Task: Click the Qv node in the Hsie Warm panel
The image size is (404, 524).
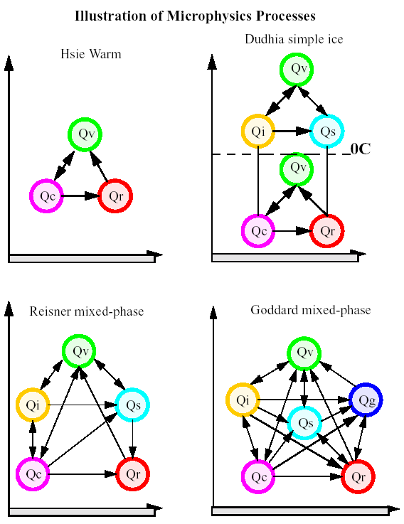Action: pos(85,134)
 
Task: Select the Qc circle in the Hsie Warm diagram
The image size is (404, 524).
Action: pos(46,196)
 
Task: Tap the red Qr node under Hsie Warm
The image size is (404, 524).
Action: pos(115,196)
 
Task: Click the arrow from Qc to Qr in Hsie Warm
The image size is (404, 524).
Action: pos(80,196)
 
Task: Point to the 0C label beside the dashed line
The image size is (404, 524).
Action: pos(361,149)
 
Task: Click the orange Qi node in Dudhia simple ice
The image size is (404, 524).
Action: pos(258,132)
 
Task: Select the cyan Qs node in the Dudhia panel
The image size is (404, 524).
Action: pos(327,132)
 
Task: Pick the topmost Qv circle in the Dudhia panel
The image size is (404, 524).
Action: pos(297,69)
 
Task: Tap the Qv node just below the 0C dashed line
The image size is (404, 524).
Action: pos(297,169)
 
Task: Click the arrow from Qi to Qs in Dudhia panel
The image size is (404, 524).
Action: pos(292,132)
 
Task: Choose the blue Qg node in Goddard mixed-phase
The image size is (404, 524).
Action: pos(366,400)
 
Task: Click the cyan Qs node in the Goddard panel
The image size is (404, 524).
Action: pos(304,423)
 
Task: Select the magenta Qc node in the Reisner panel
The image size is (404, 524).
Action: pos(33,474)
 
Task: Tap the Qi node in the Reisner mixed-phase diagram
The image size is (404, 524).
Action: pos(33,405)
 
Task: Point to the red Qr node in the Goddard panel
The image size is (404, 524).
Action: pos(358,476)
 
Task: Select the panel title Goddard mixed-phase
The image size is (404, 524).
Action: pos(311,310)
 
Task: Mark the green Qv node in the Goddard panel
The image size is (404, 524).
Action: pos(304,353)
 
